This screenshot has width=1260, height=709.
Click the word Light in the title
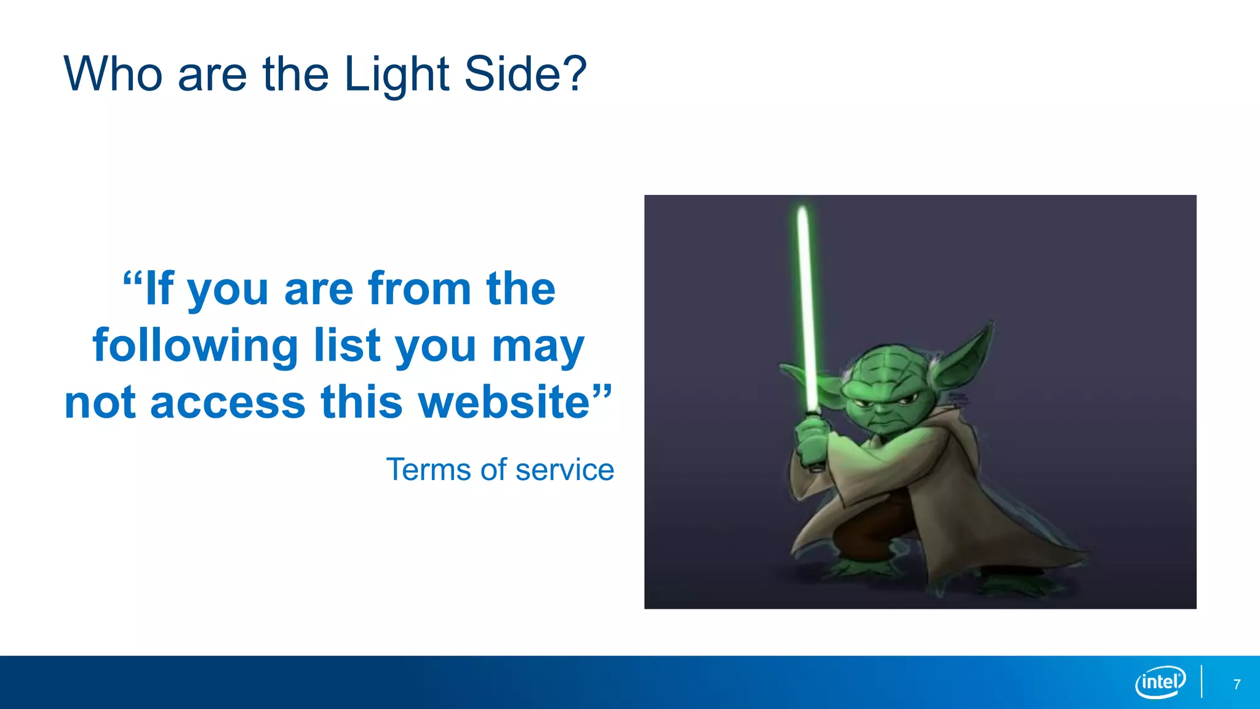[396, 75]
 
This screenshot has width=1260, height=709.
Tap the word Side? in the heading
[525, 74]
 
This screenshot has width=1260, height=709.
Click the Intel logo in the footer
[1160, 682]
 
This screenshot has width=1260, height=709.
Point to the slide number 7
[1237, 684]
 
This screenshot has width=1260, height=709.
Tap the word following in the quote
[196, 346]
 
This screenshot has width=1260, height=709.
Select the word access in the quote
[228, 403]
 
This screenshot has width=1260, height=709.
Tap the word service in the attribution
[564, 470]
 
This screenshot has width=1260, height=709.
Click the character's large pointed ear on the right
[966, 357]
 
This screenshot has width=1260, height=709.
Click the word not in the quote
[100, 403]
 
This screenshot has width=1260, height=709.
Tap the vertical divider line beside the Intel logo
[1202, 682]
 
